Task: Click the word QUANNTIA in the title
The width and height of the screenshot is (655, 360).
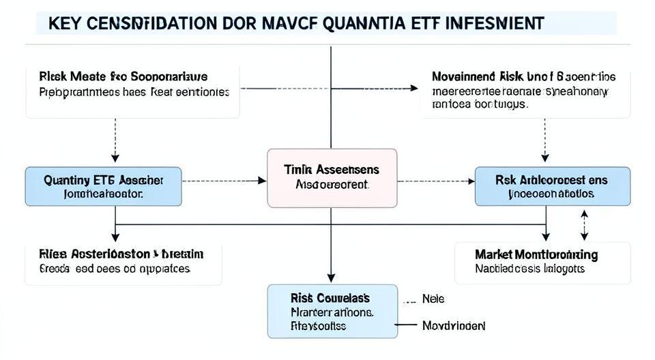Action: (369, 23)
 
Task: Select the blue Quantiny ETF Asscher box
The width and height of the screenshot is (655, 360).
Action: (104, 186)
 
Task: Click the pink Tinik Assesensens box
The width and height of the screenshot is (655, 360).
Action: (332, 177)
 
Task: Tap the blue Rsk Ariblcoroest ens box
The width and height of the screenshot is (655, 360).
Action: (552, 186)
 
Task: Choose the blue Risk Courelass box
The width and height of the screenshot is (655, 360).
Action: (332, 311)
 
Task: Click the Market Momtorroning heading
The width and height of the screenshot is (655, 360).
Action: (536, 254)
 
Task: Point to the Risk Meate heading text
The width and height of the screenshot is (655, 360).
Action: (123, 76)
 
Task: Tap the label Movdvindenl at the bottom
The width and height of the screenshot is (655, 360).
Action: (454, 326)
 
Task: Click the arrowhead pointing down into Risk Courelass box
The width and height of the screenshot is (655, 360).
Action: (331, 279)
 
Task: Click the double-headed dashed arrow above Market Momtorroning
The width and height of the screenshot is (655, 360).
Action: (584, 225)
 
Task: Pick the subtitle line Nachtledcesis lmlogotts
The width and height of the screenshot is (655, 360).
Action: (529, 269)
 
